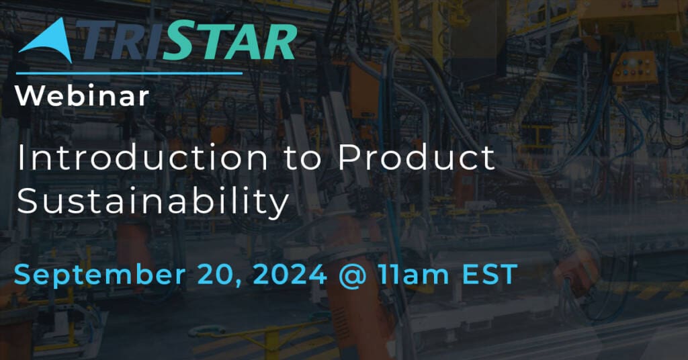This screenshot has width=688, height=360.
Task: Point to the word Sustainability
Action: tap(153, 200)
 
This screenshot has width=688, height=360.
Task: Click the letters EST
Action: tap(490, 275)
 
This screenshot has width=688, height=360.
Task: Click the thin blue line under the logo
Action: tap(129, 73)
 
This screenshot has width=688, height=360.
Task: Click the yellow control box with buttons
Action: tap(635, 68)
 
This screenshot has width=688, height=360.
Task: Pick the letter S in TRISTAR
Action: tap(175, 40)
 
